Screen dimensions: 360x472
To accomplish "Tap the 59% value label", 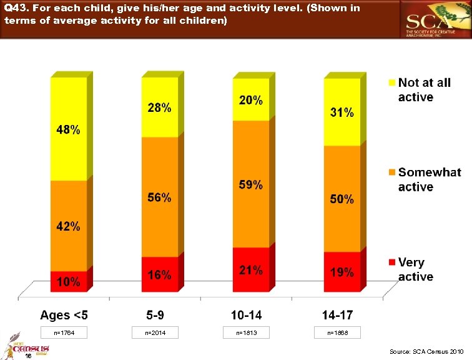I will tap(250, 185).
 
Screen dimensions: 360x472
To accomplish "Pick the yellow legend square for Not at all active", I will tap(391, 82).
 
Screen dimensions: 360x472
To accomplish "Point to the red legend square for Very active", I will tap(391, 262).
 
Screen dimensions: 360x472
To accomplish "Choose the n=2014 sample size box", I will tap(157, 333).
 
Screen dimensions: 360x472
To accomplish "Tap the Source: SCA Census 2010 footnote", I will tap(427, 352).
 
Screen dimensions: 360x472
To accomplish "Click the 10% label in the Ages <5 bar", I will tap(69, 282).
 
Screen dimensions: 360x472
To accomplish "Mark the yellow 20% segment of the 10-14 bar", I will tap(250, 100).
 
